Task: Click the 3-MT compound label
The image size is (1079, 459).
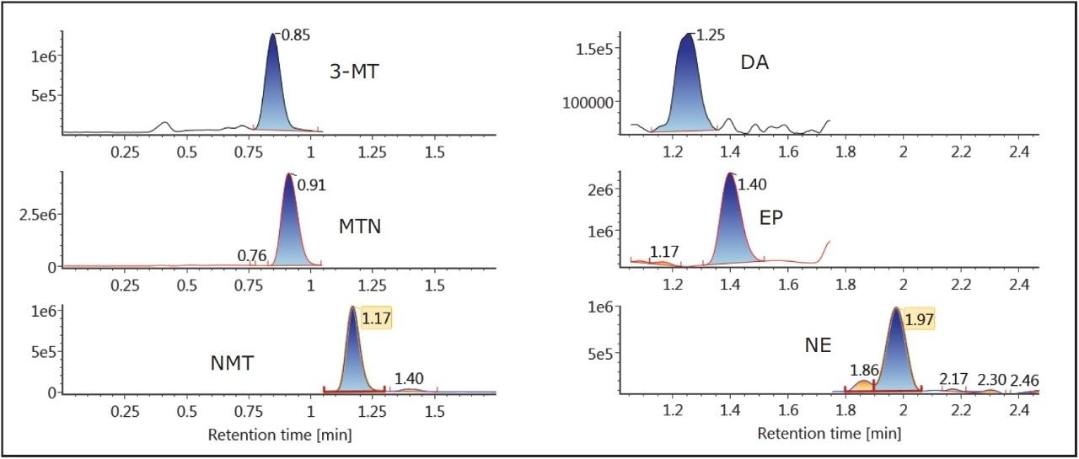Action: (354, 72)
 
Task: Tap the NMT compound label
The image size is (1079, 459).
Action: (232, 363)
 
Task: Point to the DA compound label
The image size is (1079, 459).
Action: (754, 63)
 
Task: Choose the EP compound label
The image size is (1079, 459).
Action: (770, 217)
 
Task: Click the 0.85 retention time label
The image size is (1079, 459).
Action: (296, 36)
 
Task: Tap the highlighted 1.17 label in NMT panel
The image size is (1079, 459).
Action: (376, 318)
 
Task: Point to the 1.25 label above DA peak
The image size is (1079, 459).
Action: (709, 35)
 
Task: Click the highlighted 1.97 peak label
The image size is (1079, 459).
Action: (919, 318)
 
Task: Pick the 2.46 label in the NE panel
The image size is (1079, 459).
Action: (1024, 380)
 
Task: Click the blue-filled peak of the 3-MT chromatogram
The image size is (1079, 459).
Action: (274, 93)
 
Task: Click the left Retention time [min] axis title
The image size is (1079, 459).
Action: (279, 435)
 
